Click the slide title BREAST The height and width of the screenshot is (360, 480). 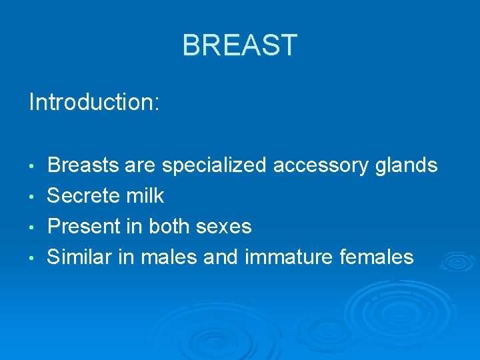click(239, 46)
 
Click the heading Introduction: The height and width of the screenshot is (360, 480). click(94, 103)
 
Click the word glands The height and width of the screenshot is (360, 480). click(407, 165)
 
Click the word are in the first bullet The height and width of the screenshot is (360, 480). click(139, 165)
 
